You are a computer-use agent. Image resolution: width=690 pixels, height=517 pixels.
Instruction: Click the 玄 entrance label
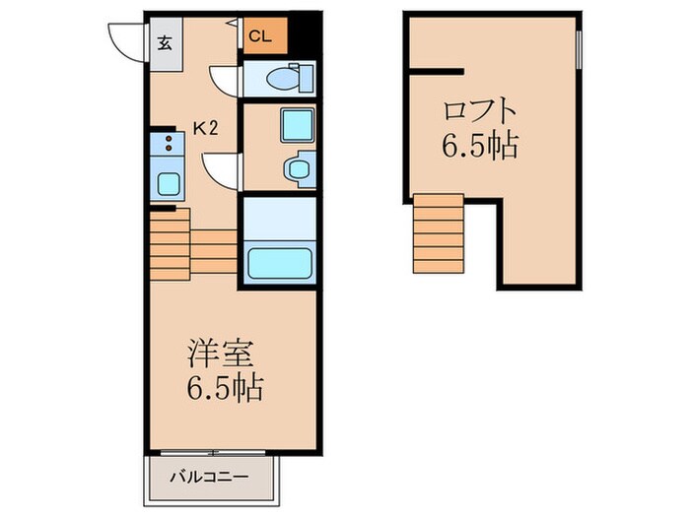(x=164, y=42)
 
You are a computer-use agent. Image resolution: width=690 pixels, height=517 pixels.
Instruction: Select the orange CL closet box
(x=262, y=37)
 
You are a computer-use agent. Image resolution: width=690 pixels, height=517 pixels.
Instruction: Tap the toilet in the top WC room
(x=290, y=77)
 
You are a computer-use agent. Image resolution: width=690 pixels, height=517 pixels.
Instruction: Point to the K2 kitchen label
(x=205, y=127)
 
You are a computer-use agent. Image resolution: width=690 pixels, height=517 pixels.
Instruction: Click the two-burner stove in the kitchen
(x=165, y=147)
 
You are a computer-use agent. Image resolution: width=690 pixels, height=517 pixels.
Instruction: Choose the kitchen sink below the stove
(x=165, y=183)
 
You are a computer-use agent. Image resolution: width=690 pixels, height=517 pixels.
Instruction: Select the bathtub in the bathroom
(x=280, y=264)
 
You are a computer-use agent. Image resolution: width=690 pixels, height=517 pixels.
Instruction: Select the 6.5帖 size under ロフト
(x=479, y=146)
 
